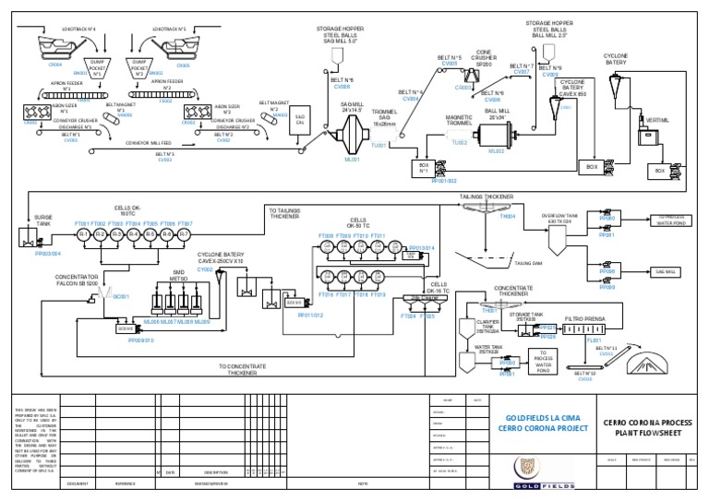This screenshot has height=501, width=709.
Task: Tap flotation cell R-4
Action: click(134, 234)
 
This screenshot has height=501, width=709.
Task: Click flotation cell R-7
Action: click(184, 234)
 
